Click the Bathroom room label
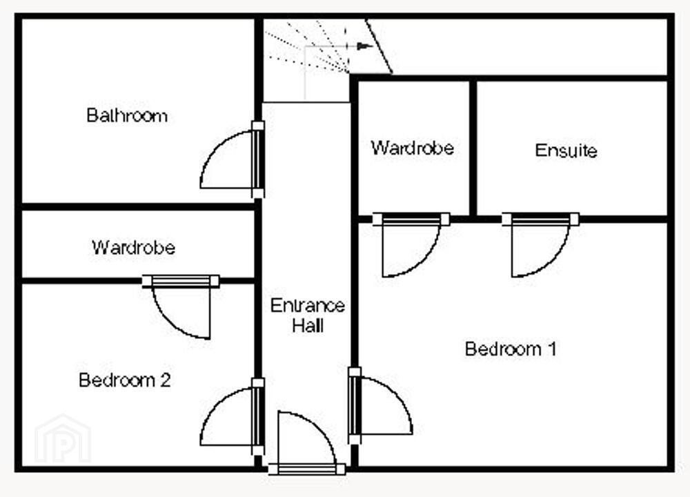tap(127, 115)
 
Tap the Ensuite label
tap(566, 150)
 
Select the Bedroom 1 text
tap(511, 349)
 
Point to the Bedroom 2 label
tap(124, 380)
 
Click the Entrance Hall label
tap(308, 315)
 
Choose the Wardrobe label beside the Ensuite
tap(413, 148)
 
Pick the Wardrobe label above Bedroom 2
tap(133, 247)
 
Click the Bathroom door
tap(232, 159)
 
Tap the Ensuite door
tap(540, 245)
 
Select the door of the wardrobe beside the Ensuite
tap(411, 245)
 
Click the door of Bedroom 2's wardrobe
tap(181, 307)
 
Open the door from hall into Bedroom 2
tap(232, 416)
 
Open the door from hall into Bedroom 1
tap(380, 406)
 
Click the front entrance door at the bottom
tap(307, 443)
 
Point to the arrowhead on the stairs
tap(365, 46)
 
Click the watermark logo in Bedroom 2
tap(63, 439)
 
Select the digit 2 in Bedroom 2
tap(166, 380)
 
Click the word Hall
tap(308, 326)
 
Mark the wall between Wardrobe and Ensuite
tap(473, 148)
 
